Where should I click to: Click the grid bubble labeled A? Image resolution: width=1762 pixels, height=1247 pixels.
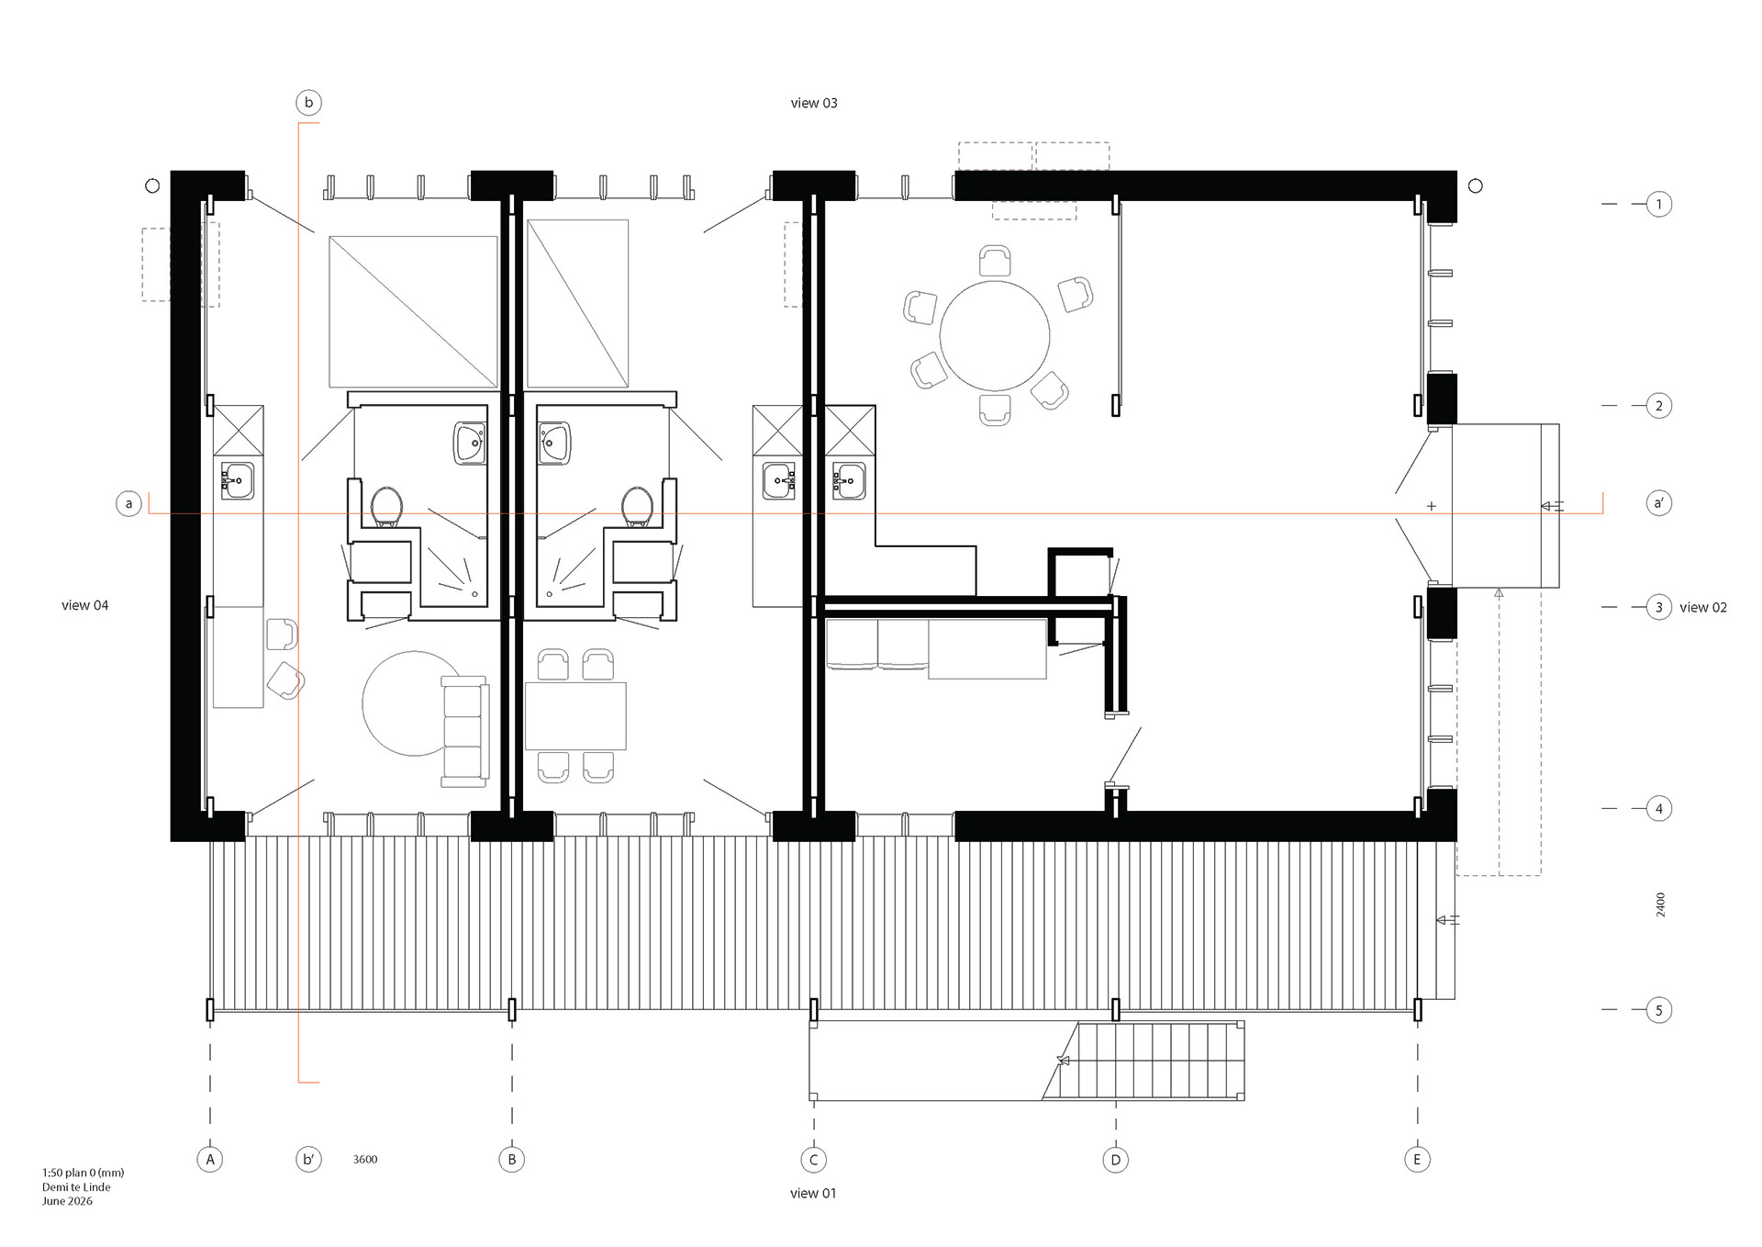(210, 1160)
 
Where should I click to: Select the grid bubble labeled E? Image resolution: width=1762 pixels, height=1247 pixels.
(1417, 1160)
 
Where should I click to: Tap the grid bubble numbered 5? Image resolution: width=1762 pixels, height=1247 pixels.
(1658, 1010)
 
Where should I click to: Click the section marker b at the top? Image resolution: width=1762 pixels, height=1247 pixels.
(308, 102)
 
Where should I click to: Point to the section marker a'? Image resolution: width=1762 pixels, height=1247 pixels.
(1658, 503)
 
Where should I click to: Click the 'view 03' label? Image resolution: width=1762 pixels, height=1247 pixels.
(814, 103)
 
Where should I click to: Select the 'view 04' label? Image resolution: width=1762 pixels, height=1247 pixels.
(84, 605)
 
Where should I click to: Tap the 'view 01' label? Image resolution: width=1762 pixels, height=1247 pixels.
(813, 1193)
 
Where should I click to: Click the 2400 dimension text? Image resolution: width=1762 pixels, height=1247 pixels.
(1660, 904)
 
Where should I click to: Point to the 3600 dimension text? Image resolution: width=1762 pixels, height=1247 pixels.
(365, 1160)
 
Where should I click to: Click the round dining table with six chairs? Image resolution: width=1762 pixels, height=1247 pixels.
(995, 336)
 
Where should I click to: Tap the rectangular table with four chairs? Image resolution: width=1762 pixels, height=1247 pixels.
(575, 716)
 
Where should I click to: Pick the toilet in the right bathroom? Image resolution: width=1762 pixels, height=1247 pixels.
(637, 507)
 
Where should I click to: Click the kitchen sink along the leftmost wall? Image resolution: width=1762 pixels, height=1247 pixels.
(238, 480)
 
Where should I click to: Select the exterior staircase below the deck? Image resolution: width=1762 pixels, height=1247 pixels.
(1143, 1061)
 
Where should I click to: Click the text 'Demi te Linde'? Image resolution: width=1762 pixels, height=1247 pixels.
(76, 1186)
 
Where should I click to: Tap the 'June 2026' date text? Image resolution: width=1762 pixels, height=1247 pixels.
(67, 1201)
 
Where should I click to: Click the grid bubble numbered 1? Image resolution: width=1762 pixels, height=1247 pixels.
(1658, 204)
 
